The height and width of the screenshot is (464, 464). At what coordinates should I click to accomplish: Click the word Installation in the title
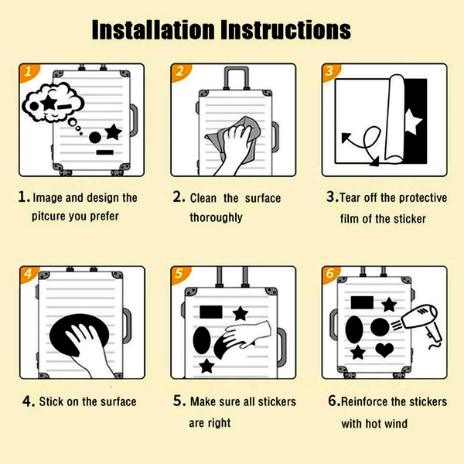(153, 29)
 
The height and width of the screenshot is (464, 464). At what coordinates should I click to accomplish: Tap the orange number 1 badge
(28, 72)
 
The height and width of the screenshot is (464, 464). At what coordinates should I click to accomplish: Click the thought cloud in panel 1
(53, 102)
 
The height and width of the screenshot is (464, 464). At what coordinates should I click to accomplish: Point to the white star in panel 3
(412, 121)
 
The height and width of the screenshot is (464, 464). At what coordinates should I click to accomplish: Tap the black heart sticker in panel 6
(384, 350)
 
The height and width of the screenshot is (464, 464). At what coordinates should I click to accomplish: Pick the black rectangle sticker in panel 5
(211, 312)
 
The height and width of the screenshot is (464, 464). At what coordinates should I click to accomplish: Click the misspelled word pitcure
(49, 217)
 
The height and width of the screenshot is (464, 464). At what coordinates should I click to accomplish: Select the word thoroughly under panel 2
(216, 217)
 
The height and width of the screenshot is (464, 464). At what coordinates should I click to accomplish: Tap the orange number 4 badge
(29, 275)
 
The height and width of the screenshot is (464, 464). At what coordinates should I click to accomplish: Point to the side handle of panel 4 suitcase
(127, 326)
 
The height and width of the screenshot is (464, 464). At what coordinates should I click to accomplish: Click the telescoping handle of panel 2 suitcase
(236, 78)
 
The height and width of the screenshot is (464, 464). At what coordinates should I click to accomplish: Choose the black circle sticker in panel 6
(380, 327)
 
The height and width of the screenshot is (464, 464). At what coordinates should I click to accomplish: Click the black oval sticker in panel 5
(202, 340)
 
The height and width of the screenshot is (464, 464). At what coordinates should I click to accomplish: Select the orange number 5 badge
(179, 275)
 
